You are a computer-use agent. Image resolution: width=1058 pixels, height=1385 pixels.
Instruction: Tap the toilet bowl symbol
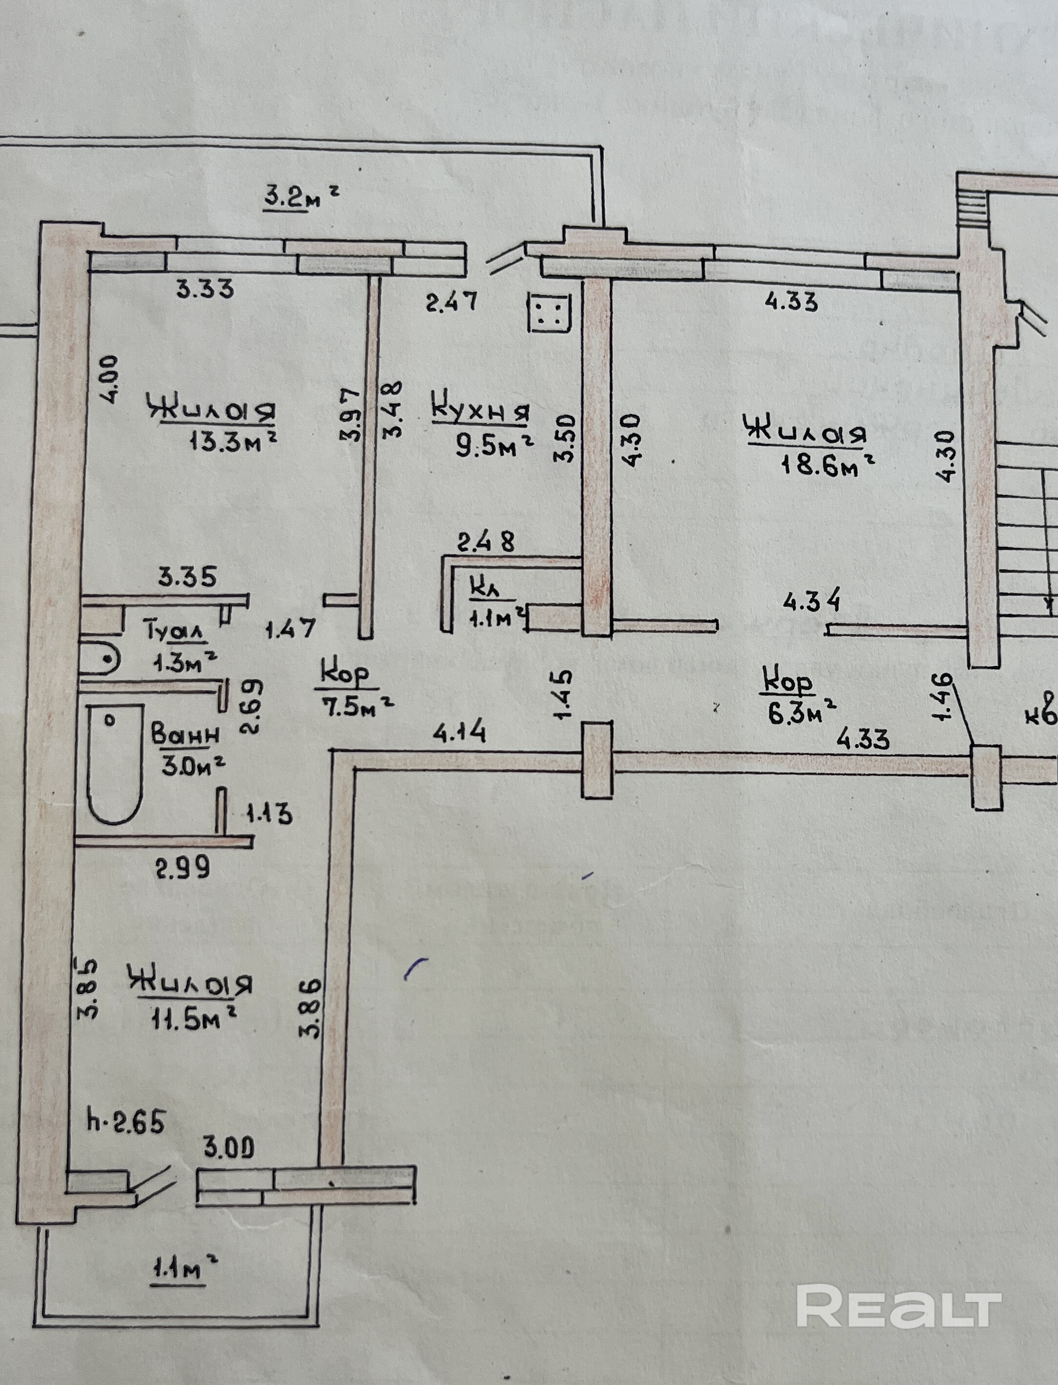pyautogui.click(x=101, y=659)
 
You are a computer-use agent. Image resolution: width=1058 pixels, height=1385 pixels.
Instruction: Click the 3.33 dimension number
pyautogui.click(x=205, y=289)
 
